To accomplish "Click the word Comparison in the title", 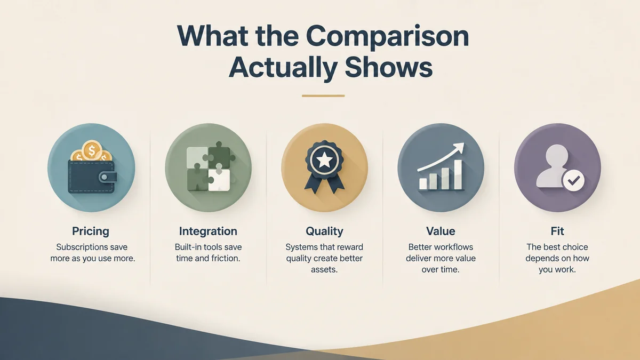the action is pyautogui.click(x=387, y=37).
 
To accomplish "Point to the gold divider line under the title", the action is pyautogui.click(x=323, y=95).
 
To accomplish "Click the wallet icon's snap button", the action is pyautogui.click(x=105, y=177).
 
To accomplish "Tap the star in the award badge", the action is pyautogui.click(x=324, y=161).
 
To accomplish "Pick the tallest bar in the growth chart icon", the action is pyautogui.click(x=458, y=174).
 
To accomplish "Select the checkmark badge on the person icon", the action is pyautogui.click(x=573, y=181).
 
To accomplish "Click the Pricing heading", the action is pyautogui.click(x=91, y=231).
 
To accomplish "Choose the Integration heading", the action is pyautogui.click(x=208, y=231).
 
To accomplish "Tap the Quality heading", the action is pyautogui.click(x=324, y=231).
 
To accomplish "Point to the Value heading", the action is pyautogui.click(x=441, y=231).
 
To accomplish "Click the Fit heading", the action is pyautogui.click(x=557, y=231).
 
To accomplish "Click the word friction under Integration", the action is pyautogui.click(x=225, y=258).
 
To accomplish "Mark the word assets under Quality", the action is pyautogui.click(x=324, y=270).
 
